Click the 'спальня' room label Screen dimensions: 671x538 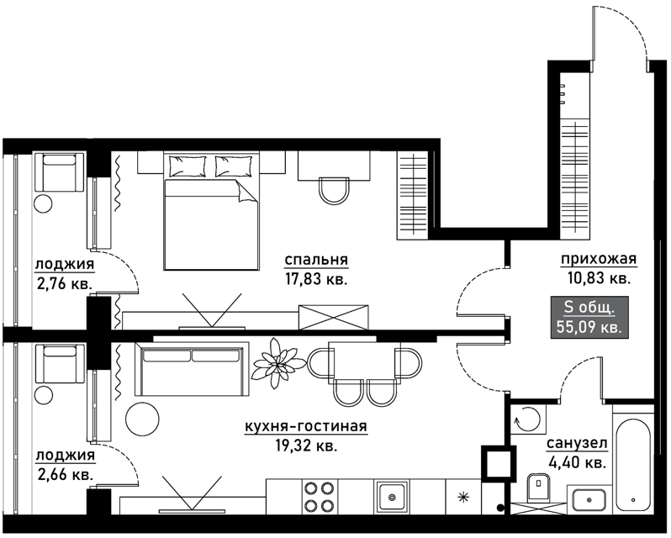(316, 260)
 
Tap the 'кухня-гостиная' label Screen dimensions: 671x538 (305, 426)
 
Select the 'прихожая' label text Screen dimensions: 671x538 (599, 259)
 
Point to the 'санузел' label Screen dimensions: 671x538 (577, 444)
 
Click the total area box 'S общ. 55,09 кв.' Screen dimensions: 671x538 (589, 317)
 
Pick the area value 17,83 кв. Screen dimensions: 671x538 (316, 279)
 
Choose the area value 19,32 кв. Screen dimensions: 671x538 (305, 446)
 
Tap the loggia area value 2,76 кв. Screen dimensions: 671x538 (65, 283)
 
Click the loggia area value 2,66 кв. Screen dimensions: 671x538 (65, 474)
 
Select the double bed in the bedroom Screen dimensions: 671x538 (211, 211)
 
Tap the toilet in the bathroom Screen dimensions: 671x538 (539, 487)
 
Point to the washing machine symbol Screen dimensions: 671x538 (529, 419)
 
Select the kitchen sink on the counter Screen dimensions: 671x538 (391, 497)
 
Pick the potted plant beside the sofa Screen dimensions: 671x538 (279, 363)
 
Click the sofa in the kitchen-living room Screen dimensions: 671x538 (192, 369)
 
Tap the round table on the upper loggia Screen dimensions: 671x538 (43, 203)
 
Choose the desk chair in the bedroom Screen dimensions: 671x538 (334, 190)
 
